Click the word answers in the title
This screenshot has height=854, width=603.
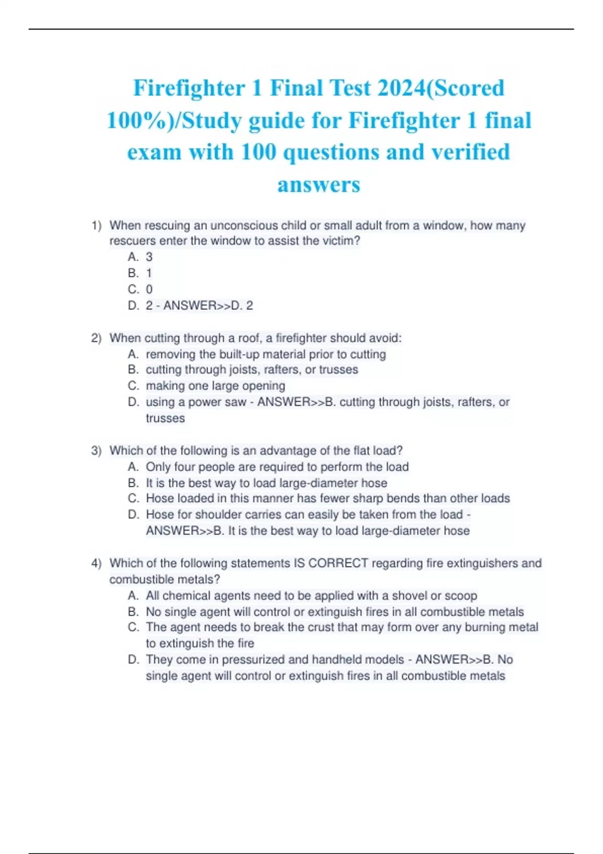319,184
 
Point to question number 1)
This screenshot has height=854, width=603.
96,226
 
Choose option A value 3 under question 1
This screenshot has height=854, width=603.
149,257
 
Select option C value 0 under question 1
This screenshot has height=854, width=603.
149,289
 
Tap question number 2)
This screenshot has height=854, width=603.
96,338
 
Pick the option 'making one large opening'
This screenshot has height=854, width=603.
215,386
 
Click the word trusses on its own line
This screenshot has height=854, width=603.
165,418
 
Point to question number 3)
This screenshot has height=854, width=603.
96,451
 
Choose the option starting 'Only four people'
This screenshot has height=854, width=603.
277,467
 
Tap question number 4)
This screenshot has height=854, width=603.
96,563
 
